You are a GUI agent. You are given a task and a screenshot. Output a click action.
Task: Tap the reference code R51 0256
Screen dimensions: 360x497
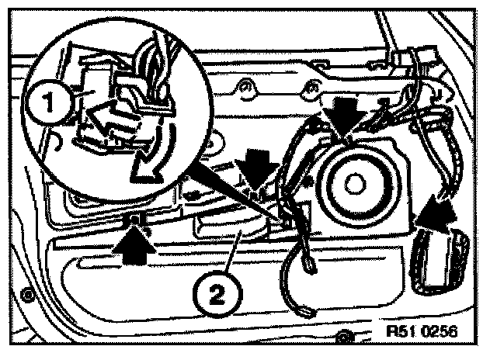[422, 331]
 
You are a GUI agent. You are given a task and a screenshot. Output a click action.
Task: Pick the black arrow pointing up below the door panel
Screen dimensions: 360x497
[131, 240]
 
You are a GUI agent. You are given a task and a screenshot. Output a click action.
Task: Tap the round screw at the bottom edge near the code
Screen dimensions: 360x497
[342, 336]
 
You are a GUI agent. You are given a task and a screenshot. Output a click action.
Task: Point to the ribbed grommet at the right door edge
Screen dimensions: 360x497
[439, 260]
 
